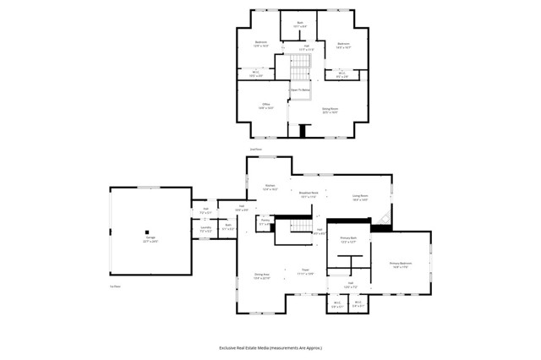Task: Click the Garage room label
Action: pos(150,240)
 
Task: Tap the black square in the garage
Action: pos(147,232)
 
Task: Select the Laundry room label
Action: pos(205,228)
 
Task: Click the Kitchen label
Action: pos(270,187)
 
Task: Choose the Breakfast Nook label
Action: pos(309,194)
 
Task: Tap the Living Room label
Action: pos(360,198)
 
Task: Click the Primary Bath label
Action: pos(349,240)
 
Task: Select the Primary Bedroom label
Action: pos(400,265)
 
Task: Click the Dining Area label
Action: pos(262,275)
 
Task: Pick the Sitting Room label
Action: pos(330,110)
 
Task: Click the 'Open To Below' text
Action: pos(300,89)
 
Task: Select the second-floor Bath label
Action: pos(300,25)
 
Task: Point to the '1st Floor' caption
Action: pos(115,286)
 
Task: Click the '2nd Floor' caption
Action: pos(255,150)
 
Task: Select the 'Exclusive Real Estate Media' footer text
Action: pos(270,347)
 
